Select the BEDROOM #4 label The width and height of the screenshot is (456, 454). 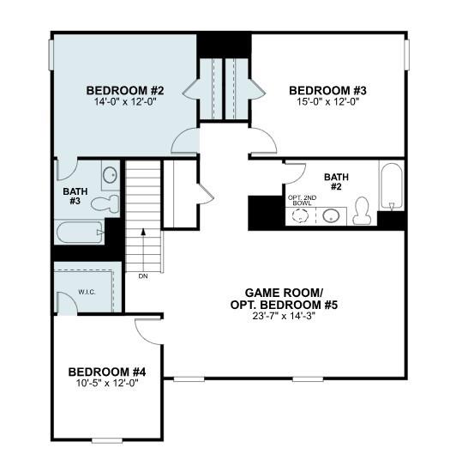107,372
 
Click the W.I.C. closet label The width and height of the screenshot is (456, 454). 87,292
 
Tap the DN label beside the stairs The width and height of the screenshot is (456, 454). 143,276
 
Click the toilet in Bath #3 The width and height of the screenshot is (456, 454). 105,203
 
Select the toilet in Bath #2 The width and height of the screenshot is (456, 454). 362,210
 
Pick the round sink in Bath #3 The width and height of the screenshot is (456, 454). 111,177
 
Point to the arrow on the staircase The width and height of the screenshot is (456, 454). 144,231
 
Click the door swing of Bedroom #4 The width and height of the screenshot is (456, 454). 147,334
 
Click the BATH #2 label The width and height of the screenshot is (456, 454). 336,183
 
